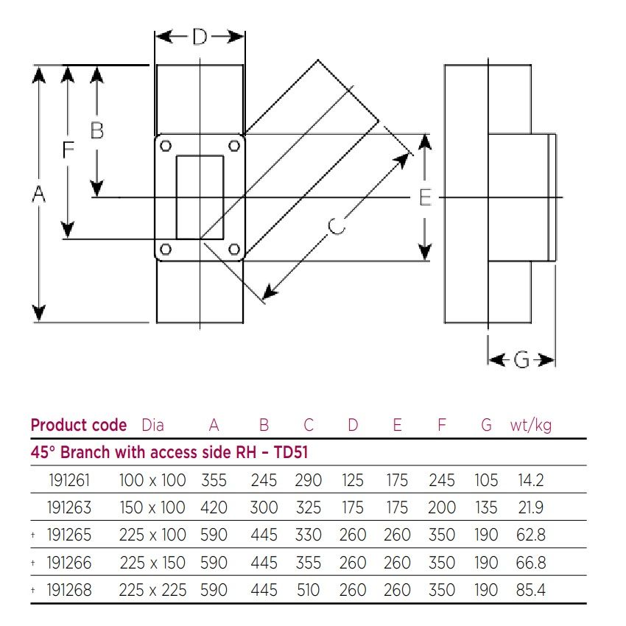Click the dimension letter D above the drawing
click(x=200, y=37)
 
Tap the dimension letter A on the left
click(x=39, y=194)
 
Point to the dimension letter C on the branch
click(x=336, y=226)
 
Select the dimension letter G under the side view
click(x=521, y=359)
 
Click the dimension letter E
click(x=425, y=197)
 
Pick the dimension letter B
click(x=96, y=130)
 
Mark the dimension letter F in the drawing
click(x=68, y=150)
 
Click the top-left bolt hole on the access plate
click(x=166, y=145)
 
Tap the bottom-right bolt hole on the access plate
click(x=234, y=250)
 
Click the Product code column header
click(x=78, y=425)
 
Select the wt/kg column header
click(x=530, y=425)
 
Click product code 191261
click(x=69, y=481)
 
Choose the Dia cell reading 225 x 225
click(x=152, y=590)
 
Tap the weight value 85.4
click(x=530, y=590)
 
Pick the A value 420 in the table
click(x=214, y=508)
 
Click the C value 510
click(x=308, y=590)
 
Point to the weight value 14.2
click(x=530, y=481)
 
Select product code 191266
click(x=69, y=563)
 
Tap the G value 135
click(x=485, y=508)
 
